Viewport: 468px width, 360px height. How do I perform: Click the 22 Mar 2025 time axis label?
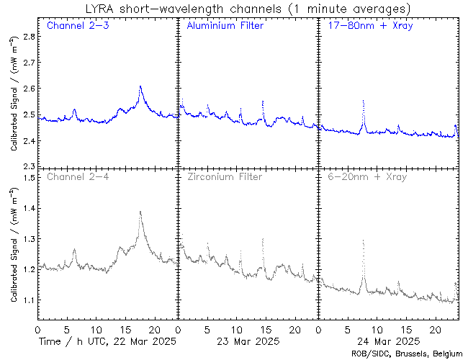(x=107, y=341)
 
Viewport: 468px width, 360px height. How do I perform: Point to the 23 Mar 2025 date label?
(x=247, y=341)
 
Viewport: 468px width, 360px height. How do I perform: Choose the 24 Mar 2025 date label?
(x=387, y=341)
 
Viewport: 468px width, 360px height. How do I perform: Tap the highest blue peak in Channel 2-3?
(x=140, y=86)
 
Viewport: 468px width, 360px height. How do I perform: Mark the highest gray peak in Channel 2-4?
(x=140, y=212)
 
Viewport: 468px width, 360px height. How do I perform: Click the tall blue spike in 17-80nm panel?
(x=364, y=102)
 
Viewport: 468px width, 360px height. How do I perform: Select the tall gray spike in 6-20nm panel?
(x=364, y=241)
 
